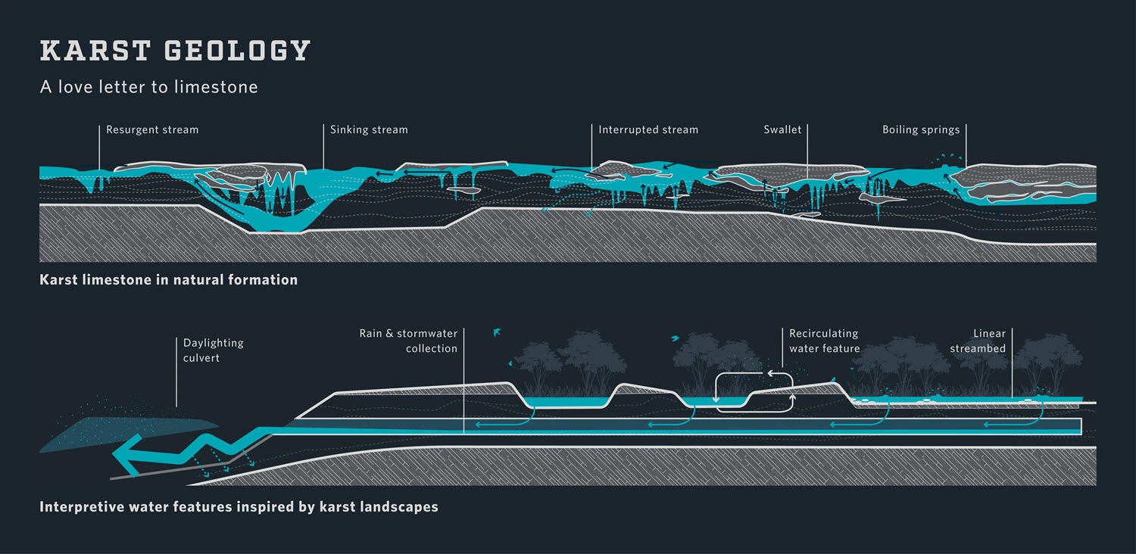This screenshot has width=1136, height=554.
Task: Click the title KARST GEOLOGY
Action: coord(175,51)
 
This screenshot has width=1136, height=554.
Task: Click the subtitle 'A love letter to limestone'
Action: coord(149,87)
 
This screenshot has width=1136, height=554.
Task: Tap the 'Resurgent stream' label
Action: coord(152,129)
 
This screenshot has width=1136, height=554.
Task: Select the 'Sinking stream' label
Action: coord(369,129)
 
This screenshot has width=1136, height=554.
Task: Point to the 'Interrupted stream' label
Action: coord(648,129)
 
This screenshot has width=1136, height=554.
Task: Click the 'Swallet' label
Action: coord(782,129)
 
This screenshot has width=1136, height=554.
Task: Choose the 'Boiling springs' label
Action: coord(921,129)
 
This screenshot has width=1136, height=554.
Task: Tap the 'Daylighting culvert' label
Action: coord(213,350)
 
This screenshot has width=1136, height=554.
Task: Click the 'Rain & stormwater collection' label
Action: coord(409,341)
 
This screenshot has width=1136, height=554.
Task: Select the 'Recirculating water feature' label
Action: coord(824,341)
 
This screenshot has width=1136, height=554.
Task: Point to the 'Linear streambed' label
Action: coord(978,341)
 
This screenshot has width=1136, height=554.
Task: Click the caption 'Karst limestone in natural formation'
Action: coord(168,280)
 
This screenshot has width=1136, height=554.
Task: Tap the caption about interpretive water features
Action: coord(239,507)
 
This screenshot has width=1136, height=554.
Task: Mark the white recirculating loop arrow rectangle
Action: coord(754,391)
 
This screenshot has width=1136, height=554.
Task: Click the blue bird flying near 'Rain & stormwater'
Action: coord(497,331)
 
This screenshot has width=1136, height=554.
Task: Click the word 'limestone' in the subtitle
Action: coord(216,87)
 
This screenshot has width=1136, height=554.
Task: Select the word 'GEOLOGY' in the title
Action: coord(237,51)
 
